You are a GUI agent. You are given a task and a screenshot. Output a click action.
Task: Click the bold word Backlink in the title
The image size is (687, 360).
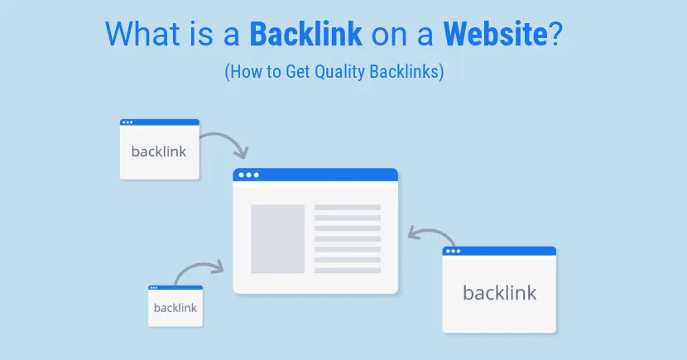point(305,36)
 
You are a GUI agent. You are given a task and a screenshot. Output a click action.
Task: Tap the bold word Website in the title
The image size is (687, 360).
point(496,36)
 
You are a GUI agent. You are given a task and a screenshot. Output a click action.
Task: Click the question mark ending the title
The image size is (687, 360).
point(558,36)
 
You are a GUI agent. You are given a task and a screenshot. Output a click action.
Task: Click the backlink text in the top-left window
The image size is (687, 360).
point(159,151)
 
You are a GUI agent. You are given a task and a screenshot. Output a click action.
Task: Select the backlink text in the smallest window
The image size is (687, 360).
point(175,308)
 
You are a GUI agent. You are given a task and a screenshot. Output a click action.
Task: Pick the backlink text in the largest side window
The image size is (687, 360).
point(499,292)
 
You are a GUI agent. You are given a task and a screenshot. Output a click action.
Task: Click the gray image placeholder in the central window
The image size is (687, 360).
point(278,238)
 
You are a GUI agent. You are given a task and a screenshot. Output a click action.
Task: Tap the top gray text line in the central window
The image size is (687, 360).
point(348,207)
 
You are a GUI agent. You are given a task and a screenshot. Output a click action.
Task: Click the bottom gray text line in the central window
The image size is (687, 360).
point(348,270)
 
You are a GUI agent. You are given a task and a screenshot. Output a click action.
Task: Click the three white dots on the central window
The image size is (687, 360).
point(247,175)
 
